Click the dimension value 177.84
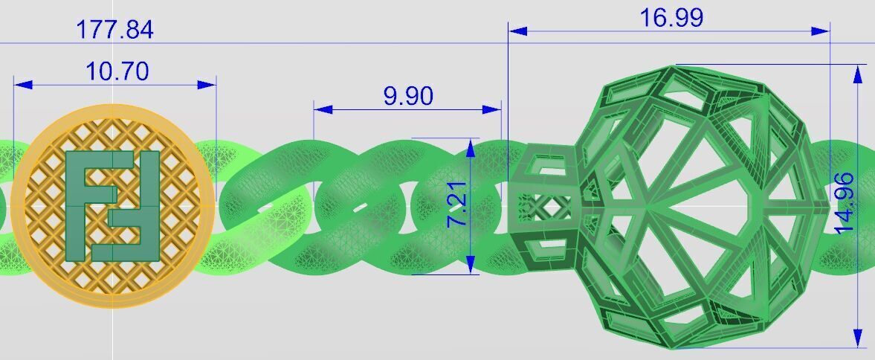tap(114, 30)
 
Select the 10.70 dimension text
tap(117, 71)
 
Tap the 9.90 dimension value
tap(408, 96)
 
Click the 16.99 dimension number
tap(671, 18)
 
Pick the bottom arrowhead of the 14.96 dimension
tap(859, 337)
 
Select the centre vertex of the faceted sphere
tap(648, 207)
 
